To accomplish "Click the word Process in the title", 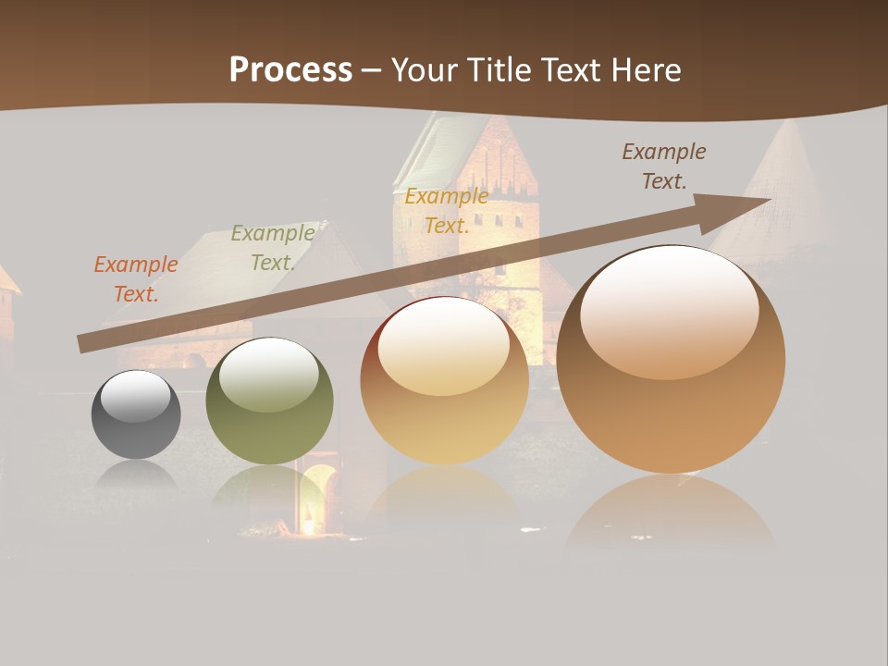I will [x=290, y=70].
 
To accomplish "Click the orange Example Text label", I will [x=136, y=278].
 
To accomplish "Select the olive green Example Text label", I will [x=272, y=248].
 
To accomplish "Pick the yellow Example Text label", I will [x=446, y=211].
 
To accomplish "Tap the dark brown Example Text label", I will [x=663, y=166].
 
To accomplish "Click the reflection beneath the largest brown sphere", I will [x=671, y=513].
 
